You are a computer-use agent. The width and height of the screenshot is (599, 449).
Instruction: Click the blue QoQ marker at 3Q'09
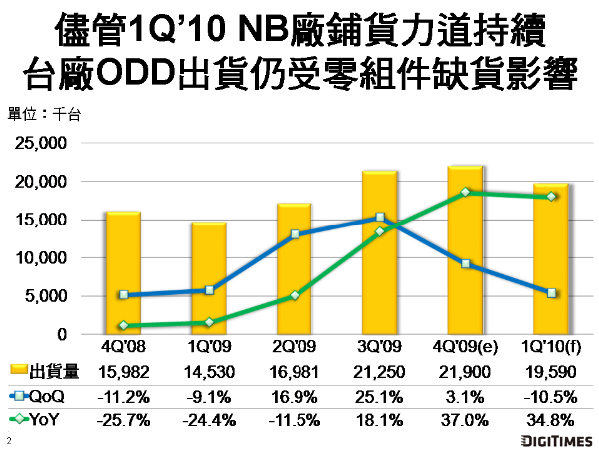coord(380,217)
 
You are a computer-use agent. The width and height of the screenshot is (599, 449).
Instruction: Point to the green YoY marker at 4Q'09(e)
coord(466,192)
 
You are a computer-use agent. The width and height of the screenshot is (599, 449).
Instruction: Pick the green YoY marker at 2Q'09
coord(295,295)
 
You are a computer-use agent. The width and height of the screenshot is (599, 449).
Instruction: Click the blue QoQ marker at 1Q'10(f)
coord(552,293)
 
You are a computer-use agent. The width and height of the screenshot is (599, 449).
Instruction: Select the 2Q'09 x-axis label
coord(295,348)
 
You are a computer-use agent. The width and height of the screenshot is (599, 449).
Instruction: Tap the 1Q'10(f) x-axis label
coord(551,348)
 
